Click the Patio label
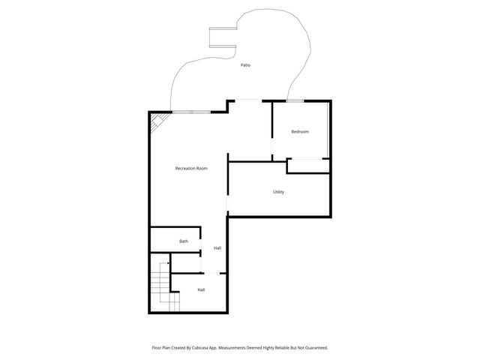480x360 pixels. coord(245,65)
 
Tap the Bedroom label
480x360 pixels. coord(300,132)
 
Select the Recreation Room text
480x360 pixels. coord(191,169)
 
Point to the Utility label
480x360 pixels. coord(278,192)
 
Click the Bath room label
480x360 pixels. coord(183,241)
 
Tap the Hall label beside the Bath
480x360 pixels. coord(217,248)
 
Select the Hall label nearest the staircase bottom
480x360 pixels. coord(201,289)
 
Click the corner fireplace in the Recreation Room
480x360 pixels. coord(157,121)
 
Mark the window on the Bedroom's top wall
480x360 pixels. coord(295,100)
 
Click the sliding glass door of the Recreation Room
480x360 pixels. coord(191,112)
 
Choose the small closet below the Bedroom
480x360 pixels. coord(307,166)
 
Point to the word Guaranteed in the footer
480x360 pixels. coord(313,348)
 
